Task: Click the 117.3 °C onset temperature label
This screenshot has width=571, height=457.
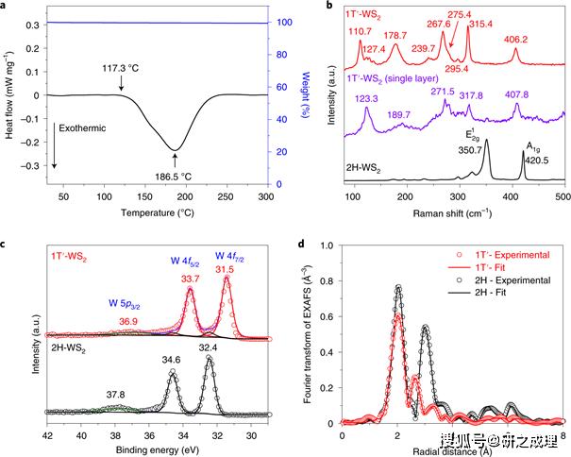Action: [x=121, y=68]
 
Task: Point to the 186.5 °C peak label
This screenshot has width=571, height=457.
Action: [x=174, y=177]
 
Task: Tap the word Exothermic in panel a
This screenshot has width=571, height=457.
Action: [x=82, y=128]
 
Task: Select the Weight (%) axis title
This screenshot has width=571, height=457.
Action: [x=305, y=94]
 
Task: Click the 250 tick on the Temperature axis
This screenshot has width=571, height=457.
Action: [x=226, y=196]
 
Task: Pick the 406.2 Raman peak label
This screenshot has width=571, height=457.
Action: [x=515, y=40]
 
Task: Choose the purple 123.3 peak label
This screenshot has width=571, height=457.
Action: [x=366, y=98]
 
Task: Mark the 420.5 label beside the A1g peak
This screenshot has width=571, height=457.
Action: [x=537, y=161]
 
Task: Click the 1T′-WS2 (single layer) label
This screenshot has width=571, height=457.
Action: [x=393, y=78]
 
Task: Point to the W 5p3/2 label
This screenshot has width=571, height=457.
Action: [x=125, y=304]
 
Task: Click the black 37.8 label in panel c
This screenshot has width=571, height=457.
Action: [x=115, y=395]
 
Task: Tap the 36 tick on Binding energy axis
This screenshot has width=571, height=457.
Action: [x=149, y=435]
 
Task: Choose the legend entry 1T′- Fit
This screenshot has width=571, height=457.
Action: [x=490, y=268]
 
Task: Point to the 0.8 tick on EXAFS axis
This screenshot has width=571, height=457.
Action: [x=327, y=281]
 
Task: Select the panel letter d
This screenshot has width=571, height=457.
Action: [x=301, y=244]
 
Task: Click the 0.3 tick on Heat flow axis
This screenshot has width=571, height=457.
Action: [x=32, y=25]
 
